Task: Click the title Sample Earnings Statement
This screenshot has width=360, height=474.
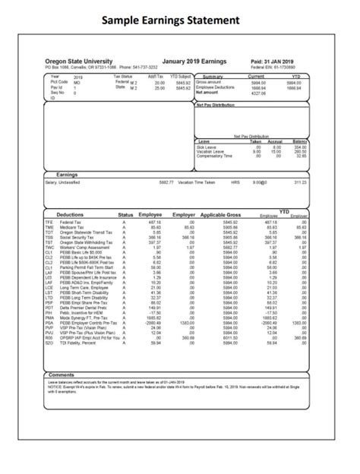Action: tap(180, 19)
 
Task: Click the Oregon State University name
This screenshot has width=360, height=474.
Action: tap(79, 61)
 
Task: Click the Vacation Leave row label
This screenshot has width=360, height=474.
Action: tap(210, 151)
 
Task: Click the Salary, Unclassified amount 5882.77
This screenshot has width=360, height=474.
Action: tap(166, 182)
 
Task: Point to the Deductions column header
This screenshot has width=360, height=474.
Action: tap(71, 216)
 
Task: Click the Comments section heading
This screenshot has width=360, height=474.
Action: tap(61, 374)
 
